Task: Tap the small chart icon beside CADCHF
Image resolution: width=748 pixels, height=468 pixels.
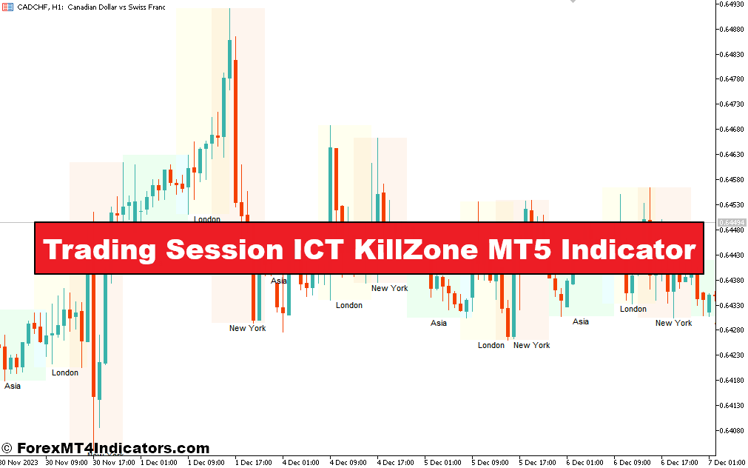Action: pos(7,7)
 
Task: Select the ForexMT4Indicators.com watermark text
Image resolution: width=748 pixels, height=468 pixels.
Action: pos(112,449)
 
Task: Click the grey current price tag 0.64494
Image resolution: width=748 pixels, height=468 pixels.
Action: pos(732,222)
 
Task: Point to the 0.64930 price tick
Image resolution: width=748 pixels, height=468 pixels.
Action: pos(731,4)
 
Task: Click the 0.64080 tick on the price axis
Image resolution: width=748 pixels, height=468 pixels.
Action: pos(731,430)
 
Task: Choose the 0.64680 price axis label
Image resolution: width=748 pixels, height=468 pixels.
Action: pos(731,130)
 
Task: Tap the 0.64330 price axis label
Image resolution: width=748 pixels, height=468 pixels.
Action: pos(731,305)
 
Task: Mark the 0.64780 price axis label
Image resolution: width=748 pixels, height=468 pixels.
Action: pos(731,79)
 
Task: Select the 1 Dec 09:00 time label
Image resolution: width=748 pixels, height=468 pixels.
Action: pos(206,463)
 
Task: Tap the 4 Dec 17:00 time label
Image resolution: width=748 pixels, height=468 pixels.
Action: pos(396,463)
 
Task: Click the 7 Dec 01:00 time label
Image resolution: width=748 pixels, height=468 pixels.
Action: pos(728,463)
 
